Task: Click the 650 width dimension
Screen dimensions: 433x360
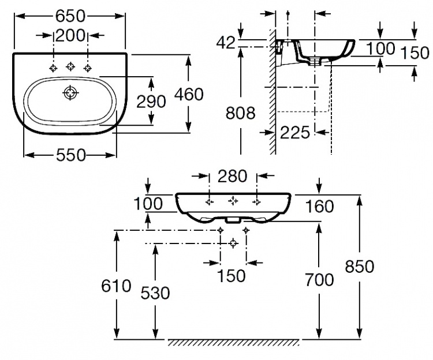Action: tap(70, 16)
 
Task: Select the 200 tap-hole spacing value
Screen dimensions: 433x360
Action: tap(70, 35)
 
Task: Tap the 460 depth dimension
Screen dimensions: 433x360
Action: tap(189, 94)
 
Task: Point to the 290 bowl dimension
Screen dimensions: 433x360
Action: tap(151, 102)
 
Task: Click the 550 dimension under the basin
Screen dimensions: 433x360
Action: tap(71, 155)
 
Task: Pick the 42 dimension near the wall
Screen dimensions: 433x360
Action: tap(226, 43)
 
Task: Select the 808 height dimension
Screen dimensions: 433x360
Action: tap(241, 113)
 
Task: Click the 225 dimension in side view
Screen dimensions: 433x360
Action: tap(295, 133)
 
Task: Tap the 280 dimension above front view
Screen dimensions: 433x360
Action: tap(232, 176)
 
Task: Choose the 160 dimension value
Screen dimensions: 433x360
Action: tap(319, 207)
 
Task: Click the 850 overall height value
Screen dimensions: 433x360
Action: tap(360, 267)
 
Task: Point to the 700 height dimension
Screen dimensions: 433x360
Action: tap(319, 280)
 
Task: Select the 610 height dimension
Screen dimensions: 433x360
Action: tap(116, 286)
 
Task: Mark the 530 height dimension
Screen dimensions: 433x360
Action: tap(155, 293)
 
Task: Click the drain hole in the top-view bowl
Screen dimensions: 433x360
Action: tap(70, 93)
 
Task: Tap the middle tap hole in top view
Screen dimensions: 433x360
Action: tap(70, 66)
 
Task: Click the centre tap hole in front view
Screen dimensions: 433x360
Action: tap(233, 201)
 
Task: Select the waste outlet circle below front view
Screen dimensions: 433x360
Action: tap(234, 243)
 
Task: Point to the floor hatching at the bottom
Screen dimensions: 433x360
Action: tap(233, 342)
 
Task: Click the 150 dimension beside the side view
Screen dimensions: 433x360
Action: tap(415, 53)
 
